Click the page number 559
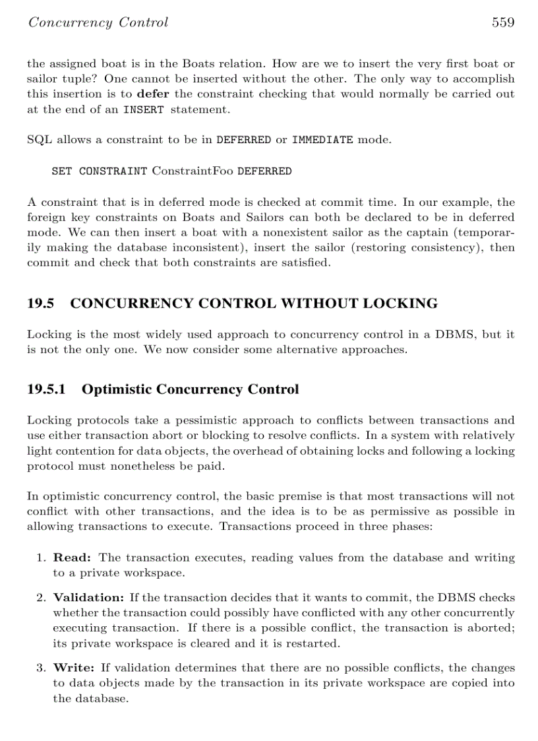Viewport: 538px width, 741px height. click(x=502, y=23)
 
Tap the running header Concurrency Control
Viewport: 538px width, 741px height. click(x=98, y=23)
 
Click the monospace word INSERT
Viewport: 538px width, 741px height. click(x=144, y=110)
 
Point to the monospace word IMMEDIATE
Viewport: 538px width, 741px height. click(x=322, y=141)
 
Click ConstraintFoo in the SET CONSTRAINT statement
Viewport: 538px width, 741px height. click(x=193, y=172)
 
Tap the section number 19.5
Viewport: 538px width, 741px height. click(x=40, y=304)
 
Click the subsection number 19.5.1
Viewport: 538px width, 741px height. click(x=46, y=389)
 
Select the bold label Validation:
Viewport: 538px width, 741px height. click(x=88, y=598)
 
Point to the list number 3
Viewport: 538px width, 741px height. click(x=40, y=668)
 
